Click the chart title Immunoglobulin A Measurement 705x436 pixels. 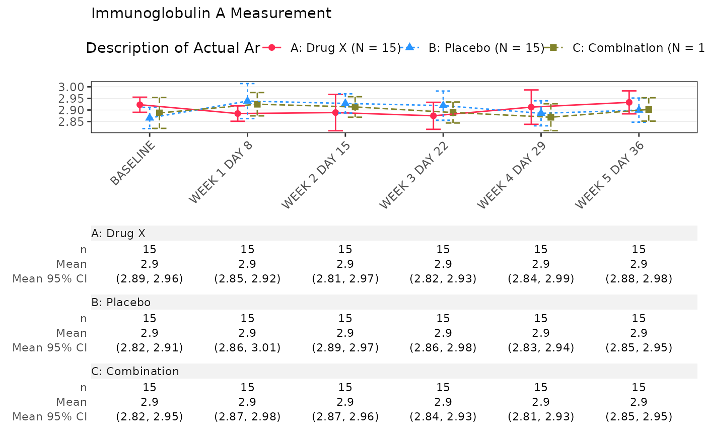(x=211, y=14)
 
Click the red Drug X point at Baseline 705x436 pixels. (x=139, y=105)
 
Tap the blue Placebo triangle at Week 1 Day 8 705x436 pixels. (x=247, y=101)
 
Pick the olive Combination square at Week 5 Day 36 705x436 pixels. (x=649, y=109)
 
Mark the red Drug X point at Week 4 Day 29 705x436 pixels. (x=531, y=107)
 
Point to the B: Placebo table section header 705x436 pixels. (x=121, y=303)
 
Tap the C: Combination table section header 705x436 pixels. (x=135, y=372)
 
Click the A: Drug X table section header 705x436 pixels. (x=118, y=233)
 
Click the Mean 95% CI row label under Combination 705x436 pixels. (x=49, y=417)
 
